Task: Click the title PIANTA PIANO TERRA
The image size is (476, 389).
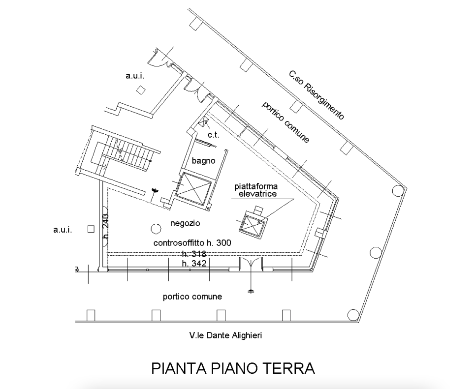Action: (x=233, y=368)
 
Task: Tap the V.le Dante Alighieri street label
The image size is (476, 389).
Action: (x=225, y=335)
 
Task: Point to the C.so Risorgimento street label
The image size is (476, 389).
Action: (x=317, y=95)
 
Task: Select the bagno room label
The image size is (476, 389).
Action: (x=203, y=161)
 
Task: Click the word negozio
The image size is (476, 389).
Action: (x=185, y=223)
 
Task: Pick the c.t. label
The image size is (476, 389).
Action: (x=214, y=135)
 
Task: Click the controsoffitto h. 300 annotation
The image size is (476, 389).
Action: (x=192, y=243)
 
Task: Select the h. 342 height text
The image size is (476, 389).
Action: (x=194, y=263)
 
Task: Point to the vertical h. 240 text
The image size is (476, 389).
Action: (x=106, y=226)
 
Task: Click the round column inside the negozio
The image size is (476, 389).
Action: (x=156, y=228)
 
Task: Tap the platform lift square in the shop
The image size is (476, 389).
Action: (x=252, y=224)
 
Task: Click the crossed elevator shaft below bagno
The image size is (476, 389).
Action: (x=194, y=189)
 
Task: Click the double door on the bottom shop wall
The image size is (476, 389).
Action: (x=251, y=263)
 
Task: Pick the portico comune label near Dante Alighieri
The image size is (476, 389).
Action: (x=192, y=297)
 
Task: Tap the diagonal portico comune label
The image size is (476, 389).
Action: (x=286, y=122)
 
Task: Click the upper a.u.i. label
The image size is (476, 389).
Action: (x=135, y=76)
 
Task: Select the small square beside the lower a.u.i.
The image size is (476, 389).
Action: (x=91, y=229)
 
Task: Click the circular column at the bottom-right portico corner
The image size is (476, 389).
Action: (x=353, y=315)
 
